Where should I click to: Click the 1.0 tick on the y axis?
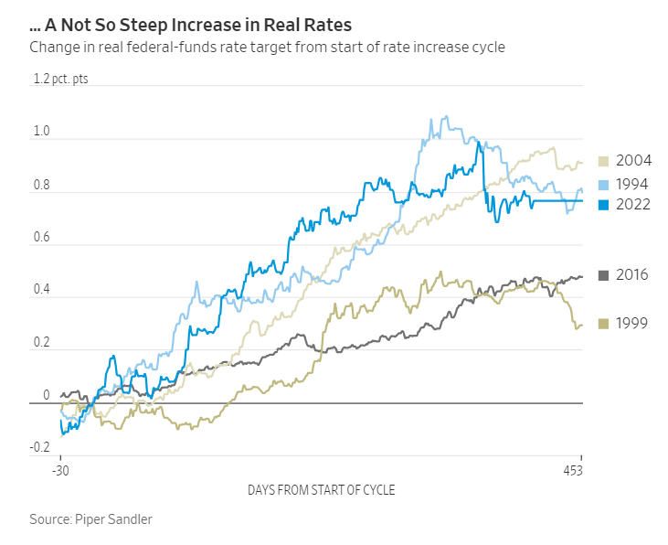click(41, 132)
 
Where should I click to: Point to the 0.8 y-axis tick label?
click(41, 185)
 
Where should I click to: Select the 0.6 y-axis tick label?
click(41, 238)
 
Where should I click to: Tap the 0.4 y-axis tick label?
click(41, 290)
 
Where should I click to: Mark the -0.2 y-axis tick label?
click(39, 448)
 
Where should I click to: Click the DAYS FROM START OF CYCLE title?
click(322, 491)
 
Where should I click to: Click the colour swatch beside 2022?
click(603, 205)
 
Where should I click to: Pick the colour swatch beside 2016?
click(603, 274)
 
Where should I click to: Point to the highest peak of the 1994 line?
click(445, 116)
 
